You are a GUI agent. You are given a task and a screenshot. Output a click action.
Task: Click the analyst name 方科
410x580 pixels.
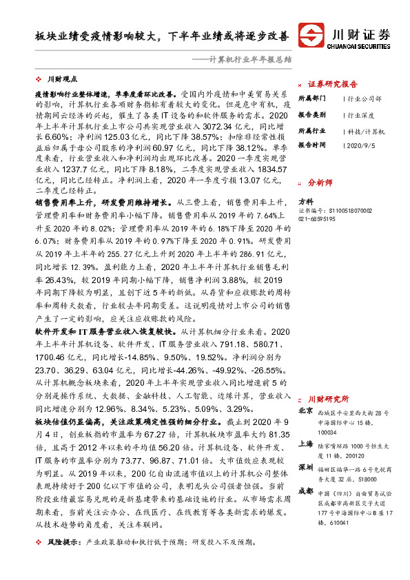point(305,201)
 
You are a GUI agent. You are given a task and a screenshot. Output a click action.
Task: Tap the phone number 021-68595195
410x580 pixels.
point(317,218)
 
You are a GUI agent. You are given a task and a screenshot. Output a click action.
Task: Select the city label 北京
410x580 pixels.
point(305,411)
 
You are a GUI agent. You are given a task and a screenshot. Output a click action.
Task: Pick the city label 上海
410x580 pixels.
point(305,445)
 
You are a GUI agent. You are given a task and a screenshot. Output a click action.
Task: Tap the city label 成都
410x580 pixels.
point(305,490)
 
